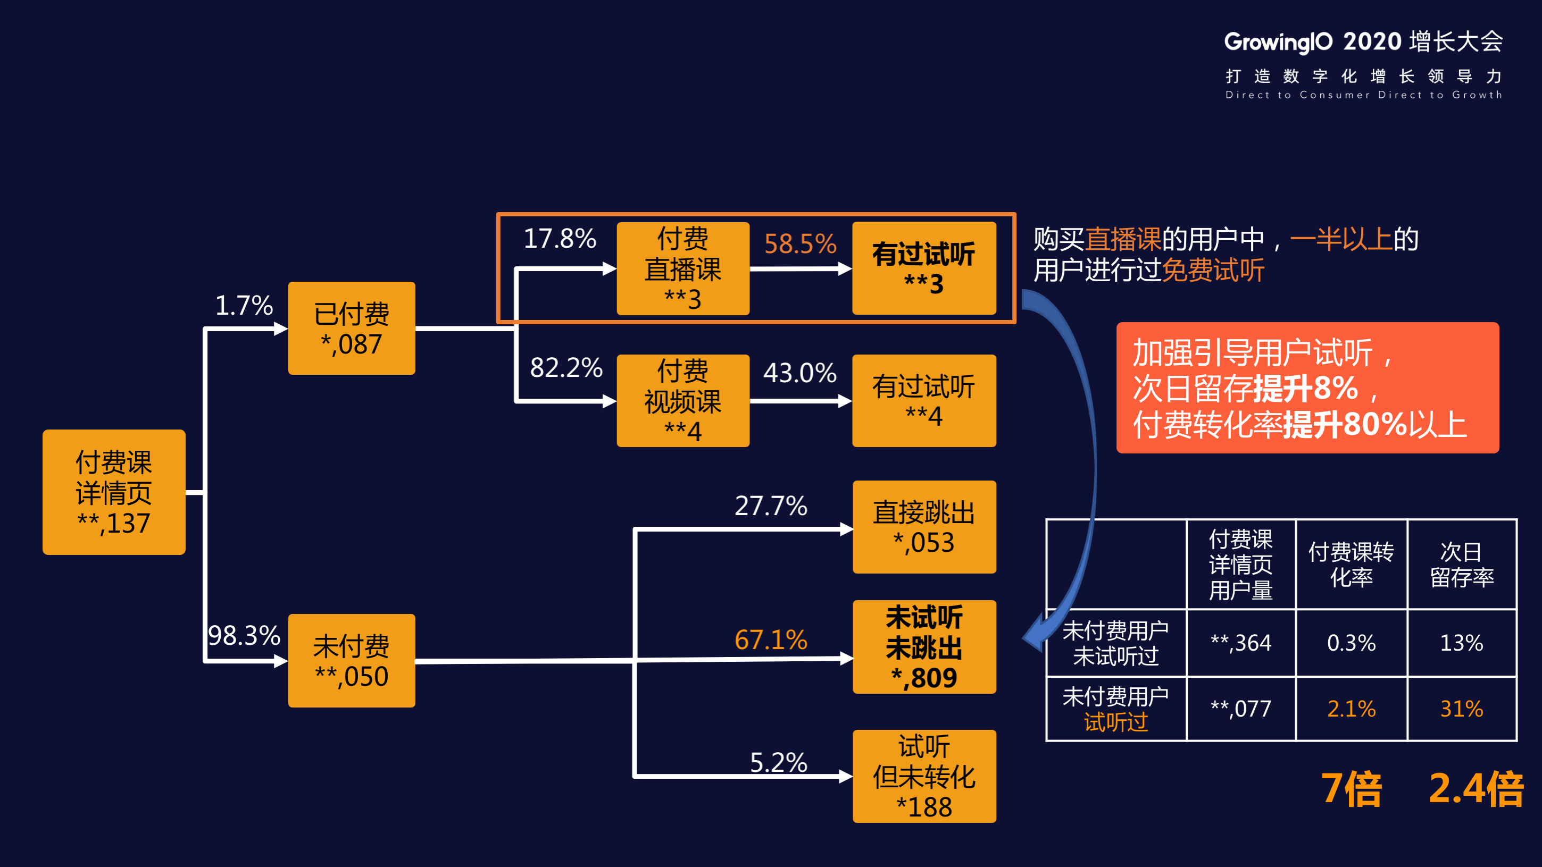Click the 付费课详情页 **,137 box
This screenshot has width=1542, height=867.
click(x=114, y=492)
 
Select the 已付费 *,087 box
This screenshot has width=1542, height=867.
click(x=352, y=328)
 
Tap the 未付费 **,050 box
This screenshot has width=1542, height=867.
click(x=352, y=661)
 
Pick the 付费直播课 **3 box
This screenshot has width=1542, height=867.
click(x=682, y=268)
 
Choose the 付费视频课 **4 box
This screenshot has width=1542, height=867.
click(x=682, y=400)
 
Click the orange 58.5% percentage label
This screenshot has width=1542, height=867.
click(x=800, y=243)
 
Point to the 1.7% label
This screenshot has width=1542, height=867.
click(x=244, y=305)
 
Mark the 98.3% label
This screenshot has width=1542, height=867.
click(x=244, y=635)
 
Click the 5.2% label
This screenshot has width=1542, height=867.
click(x=778, y=762)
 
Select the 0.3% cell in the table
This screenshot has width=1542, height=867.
click(x=1351, y=643)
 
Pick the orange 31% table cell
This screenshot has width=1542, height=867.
click(x=1461, y=709)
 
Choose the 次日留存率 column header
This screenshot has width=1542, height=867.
click(x=1461, y=564)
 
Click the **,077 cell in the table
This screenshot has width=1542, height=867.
click(x=1240, y=709)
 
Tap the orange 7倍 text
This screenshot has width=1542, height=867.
click(x=1351, y=789)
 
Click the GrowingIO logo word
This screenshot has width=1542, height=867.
click(x=1278, y=42)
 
